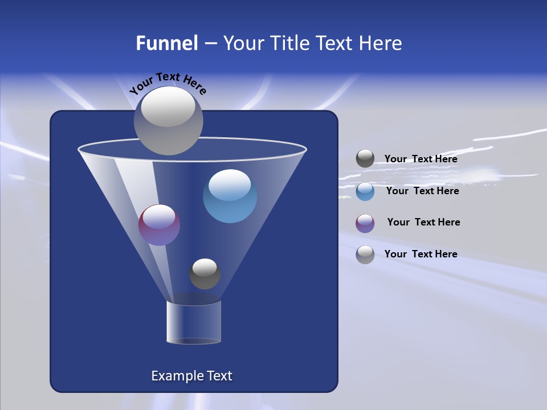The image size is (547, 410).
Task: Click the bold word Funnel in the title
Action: pyautogui.click(x=166, y=43)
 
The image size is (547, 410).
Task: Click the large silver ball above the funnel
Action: pyautogui.click(x=168, y=120)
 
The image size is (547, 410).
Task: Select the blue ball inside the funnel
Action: pyautogui.click(x=230, y=196)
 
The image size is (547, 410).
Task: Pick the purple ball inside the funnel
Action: pyautogui.click(x=159, y=225)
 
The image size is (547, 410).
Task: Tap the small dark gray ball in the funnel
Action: pyautogui.click(x=205, y=274)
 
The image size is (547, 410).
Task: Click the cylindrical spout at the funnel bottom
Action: pyautogui.click(x=194, y=322)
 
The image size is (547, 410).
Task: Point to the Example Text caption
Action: pyautogui.click(x=192, y=376)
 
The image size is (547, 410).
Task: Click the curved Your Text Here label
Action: pyautogui.click(x=168, y=83)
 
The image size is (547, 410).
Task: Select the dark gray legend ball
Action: pyautogui.click(x=365, y=159)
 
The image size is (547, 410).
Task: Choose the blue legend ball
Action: pyautogui.click(x=365, y=191)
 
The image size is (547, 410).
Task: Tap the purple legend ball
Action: pyautogui.click(x=365, y=223)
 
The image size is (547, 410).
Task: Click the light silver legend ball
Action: pyautogui.click(x=365, y=255)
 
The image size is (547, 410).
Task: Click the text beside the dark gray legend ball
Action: pyautogui.click(x=421, y=159)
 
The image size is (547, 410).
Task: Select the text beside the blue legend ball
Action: pyautogui.click(x=422, y=191)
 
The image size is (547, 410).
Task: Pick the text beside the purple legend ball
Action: pyautogui.click(x=423, y=222)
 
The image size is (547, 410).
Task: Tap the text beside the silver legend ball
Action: pyautogui.click(x=421, y=254)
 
